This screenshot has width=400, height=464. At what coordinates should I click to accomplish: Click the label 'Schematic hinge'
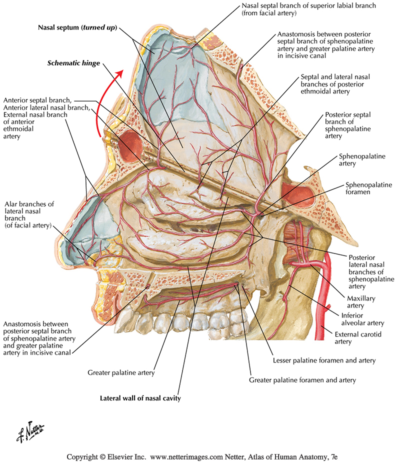tap(73, 63)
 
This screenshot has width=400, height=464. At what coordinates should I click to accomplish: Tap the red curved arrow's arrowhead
tap(119, 73)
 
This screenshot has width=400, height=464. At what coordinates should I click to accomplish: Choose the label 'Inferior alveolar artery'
tap(359, 320)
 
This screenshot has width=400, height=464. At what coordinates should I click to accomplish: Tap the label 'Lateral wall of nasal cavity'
tap(140, 398)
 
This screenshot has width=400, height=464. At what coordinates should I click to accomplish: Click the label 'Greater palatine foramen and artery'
tap(302, 380)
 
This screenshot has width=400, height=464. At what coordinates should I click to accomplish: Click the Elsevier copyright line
tap(200, 456)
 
